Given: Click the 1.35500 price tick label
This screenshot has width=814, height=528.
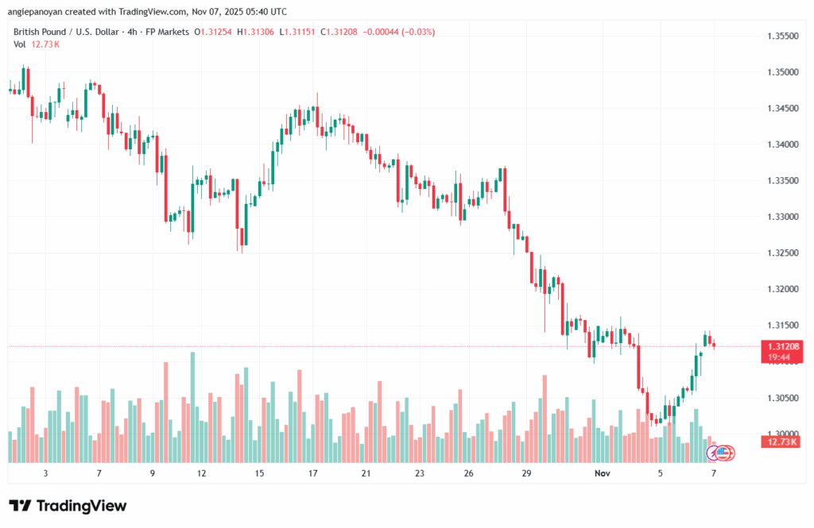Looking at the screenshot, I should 782,36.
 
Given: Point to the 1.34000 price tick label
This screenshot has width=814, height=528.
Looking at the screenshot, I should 782,145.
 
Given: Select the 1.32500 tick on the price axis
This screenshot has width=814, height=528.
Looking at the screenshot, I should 782,252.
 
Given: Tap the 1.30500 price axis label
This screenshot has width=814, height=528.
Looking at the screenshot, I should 782,397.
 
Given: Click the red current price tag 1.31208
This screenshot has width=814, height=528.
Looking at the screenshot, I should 782,346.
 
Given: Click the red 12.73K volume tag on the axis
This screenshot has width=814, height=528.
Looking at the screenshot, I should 782,441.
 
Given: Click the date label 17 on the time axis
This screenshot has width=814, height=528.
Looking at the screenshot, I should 313,472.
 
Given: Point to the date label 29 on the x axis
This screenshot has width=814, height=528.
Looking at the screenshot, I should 526,472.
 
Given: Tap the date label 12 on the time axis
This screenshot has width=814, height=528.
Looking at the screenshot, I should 203,472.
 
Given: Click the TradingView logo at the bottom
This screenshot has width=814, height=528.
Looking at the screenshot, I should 68,506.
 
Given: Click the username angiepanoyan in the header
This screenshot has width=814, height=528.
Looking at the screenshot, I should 41,12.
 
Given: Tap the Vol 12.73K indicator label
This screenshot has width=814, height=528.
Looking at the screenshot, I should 37,44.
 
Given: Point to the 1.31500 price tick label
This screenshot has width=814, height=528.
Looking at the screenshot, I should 782,325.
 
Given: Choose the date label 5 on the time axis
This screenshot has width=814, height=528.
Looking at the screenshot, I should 660,472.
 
